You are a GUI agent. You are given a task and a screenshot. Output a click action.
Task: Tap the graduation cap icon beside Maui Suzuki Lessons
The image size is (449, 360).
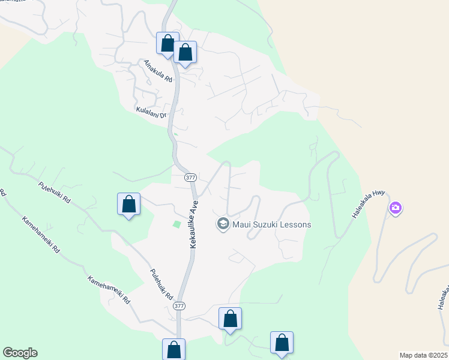[x=223, y=224]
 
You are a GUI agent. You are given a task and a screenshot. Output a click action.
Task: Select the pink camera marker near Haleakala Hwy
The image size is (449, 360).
[x=395, y=208]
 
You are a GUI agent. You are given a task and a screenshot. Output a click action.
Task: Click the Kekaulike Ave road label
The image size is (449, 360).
[x=194, y=225]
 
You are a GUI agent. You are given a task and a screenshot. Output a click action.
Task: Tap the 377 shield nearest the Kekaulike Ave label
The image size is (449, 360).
[x=190, y=178]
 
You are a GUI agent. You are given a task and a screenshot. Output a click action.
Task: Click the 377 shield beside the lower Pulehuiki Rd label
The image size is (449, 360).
[x=179, y=305]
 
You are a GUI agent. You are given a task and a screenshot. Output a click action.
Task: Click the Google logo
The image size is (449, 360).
[x=20, y=353]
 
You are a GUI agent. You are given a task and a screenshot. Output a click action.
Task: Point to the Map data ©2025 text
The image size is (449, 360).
[x=424, y=355]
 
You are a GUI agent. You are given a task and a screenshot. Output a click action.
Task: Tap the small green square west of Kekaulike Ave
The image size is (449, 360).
[x=176, y=224]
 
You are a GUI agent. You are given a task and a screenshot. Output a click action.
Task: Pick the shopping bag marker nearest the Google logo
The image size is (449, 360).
[x=173, y=349]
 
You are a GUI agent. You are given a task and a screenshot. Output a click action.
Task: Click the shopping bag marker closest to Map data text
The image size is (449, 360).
[x=282, y=342]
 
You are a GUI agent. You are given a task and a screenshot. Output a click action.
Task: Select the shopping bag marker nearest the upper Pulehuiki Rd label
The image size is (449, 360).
[x=128, y=204]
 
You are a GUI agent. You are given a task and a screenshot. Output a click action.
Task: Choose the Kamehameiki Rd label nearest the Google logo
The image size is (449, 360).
[x=109, y=290]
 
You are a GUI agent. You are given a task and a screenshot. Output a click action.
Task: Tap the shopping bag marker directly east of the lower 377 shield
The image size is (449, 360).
[x=230, y=318]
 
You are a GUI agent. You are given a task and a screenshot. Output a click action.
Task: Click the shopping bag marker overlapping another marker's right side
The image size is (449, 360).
[x=185, y=52]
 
